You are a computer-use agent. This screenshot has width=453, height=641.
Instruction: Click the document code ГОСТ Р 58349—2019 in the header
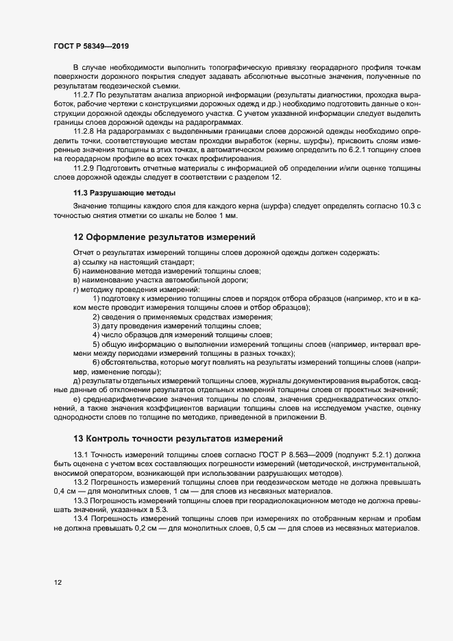[90, 46]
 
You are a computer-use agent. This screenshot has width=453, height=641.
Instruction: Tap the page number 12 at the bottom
[58, 583]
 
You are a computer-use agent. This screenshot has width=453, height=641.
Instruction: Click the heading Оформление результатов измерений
[164, 237]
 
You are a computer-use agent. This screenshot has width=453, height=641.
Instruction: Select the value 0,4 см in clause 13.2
[64, 492]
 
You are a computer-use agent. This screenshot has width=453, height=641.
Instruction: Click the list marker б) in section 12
[77, 271]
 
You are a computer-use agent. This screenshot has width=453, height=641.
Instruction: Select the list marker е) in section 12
[77, 400]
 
